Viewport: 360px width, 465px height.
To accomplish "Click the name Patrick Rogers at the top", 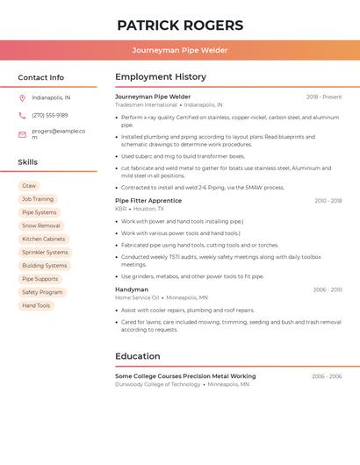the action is coord(180,25).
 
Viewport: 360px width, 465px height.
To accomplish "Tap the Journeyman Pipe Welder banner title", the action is coord(180,50).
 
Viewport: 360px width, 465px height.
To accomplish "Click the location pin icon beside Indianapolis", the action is coord(22,97).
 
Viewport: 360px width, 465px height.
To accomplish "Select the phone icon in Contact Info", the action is coord(22,115).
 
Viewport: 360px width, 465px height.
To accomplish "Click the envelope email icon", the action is coord(22,134).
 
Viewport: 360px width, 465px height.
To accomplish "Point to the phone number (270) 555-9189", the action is coord(50,115).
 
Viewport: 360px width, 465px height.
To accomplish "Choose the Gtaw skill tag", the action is coord(29,186).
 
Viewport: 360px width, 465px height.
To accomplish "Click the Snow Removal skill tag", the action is coord(41,225).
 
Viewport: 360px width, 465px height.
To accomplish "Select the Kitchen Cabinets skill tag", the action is coord(44,239).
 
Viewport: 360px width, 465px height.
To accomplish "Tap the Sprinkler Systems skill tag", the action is coord(45,253).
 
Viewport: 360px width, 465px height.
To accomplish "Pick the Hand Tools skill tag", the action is coord(36,305).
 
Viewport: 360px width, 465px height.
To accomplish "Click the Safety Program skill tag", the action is coord(42,292).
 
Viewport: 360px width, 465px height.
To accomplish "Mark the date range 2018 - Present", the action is coord(324,97).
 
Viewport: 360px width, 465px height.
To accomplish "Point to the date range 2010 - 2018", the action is coord(328,201).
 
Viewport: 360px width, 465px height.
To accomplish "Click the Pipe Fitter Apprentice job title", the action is coord(148,201).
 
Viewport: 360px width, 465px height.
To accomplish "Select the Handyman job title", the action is coord(132,290).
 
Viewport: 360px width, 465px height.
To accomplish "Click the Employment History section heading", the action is coord(161,77).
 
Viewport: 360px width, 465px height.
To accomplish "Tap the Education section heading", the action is coord(138,356).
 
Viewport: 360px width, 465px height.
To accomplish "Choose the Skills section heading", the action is coord(28,162).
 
